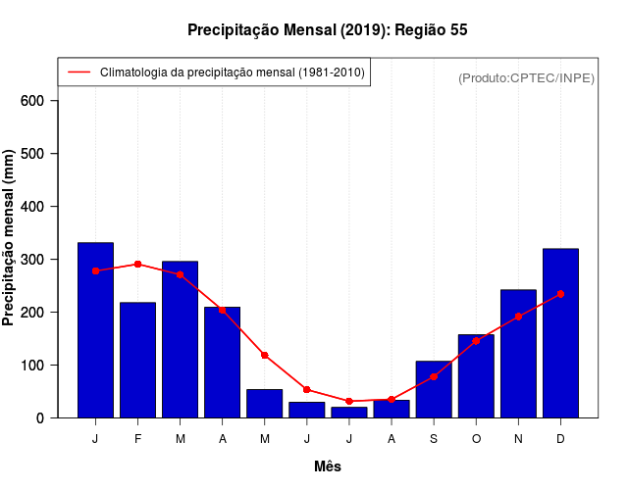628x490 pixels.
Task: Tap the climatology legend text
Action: click(233, 73)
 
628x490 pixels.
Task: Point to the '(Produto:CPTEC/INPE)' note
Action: click(526, 77)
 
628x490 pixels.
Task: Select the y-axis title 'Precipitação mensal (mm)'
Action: click(9, 238)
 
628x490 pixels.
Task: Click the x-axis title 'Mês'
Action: click(328, 466)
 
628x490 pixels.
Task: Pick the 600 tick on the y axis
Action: click(32, 101)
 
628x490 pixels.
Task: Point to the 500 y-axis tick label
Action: click(32, 154)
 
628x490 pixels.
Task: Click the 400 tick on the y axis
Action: click(32, 207)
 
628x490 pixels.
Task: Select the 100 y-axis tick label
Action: click(32, 365)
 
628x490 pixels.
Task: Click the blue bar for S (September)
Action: click(434, 389)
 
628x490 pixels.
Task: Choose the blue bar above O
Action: click(476, 376)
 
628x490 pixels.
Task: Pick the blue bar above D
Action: click(560, 333)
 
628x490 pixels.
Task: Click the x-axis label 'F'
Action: click(137, 439)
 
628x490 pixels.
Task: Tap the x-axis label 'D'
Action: click(560, 439)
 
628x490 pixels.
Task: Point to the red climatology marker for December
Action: click(560, 294)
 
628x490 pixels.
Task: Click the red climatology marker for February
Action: click(137, 265)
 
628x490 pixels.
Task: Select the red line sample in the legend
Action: click(79, 73)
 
